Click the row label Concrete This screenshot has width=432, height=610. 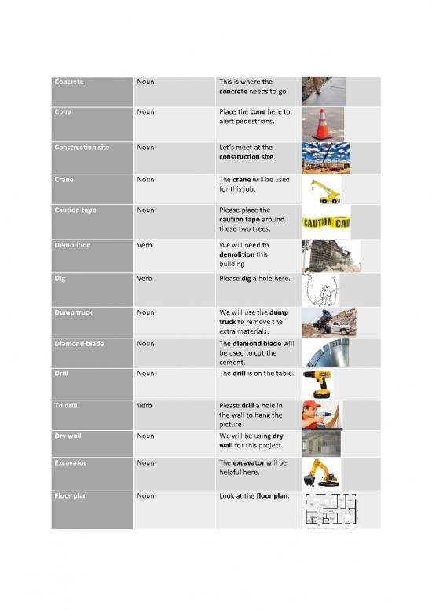69,82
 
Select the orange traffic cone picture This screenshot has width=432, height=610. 323,124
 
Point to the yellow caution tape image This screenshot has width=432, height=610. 326,224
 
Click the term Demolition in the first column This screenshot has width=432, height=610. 73,245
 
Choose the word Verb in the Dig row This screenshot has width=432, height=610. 145,278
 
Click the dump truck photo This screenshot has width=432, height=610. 328,322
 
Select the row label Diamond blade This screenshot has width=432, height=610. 79,343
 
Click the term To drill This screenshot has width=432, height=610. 68,405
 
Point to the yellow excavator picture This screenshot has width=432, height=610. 324,473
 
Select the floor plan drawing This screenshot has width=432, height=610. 329,510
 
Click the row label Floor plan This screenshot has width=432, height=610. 71,496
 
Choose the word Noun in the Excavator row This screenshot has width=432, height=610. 145,463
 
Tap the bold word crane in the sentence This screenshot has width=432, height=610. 241,180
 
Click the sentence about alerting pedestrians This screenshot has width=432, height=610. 254,116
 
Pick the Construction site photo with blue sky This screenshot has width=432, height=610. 326,157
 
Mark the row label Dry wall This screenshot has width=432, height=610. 68,436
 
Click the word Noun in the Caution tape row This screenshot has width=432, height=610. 145,210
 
